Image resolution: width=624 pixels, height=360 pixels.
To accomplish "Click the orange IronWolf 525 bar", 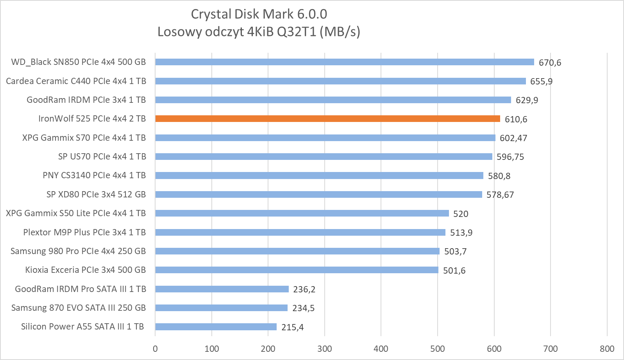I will pos(327,119).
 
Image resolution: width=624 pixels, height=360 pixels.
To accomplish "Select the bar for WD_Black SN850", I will pos(344,62).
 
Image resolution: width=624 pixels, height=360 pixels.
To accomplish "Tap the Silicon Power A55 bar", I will pos(216,327).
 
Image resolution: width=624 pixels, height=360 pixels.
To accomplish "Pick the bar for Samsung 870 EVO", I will pos(221,308).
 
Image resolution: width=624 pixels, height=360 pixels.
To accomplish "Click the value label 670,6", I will pos(550,63).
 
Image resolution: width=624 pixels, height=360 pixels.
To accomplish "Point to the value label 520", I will pos(461,214).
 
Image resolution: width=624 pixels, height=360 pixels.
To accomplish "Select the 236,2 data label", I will pos(304,289).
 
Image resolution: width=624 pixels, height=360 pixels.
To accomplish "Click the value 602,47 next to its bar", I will pos(513,138).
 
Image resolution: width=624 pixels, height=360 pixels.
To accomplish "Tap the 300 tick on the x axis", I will pos(325,349).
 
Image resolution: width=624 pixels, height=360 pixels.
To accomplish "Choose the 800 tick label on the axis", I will pos(607,349).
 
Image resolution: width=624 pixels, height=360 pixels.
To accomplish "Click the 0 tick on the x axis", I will pos(155,349).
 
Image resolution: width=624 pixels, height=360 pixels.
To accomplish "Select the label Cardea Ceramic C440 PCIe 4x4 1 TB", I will pos(76,81).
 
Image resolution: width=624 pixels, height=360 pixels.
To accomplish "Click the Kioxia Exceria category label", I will pos(85,270).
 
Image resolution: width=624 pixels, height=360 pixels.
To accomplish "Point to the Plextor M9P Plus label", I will pos(84,232).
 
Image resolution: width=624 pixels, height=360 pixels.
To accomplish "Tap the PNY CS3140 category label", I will pos(94,175).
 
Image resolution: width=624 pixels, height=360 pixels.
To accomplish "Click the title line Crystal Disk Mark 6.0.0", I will pos(259,14).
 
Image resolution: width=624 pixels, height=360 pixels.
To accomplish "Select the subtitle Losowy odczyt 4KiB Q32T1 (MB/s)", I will pos(259,31).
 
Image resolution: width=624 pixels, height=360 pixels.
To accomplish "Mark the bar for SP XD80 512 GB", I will pos(318,195).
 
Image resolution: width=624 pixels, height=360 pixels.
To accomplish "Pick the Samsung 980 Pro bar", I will pos(297,251).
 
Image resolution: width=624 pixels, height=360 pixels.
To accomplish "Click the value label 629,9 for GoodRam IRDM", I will pos(527,100).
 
